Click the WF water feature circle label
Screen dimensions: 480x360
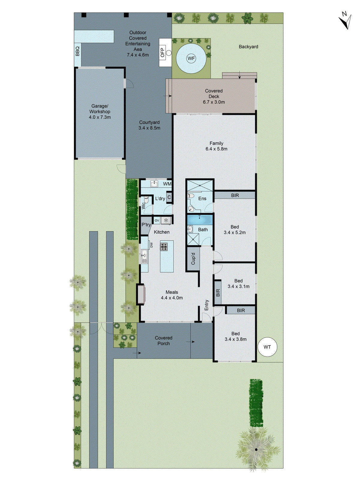(x=191, y=58)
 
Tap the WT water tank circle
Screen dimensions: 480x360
(x=267, y=347)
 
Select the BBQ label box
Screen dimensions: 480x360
(x=77, y=51)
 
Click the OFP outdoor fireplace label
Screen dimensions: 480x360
(x=163, y=52)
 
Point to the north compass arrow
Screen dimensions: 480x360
(x=346, y=21)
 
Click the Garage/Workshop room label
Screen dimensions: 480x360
(x=100, y=109)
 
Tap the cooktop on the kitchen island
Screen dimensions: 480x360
(x=164, y=247)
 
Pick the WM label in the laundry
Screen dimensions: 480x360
(x=167, y=184)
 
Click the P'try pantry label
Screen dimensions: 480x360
(x=146, y=225)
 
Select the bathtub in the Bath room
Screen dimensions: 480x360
(x=200, y=220)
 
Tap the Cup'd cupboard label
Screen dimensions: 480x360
(x=193, y=259)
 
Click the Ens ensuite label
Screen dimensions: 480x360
(x=202, y=199)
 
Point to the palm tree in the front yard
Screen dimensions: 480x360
(x=256, y=449)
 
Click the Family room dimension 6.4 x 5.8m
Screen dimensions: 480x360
(x=216, y=149)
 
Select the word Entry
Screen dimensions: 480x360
(x=206, y=305)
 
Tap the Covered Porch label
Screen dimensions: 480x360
(x=163, y=340)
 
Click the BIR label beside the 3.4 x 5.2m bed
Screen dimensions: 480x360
(x=235, y=195)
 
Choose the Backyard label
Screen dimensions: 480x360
(x=248, y=46)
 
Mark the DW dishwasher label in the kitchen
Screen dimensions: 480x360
(x=151, y=245)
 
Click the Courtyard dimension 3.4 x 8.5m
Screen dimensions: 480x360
(x=149, y=128)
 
